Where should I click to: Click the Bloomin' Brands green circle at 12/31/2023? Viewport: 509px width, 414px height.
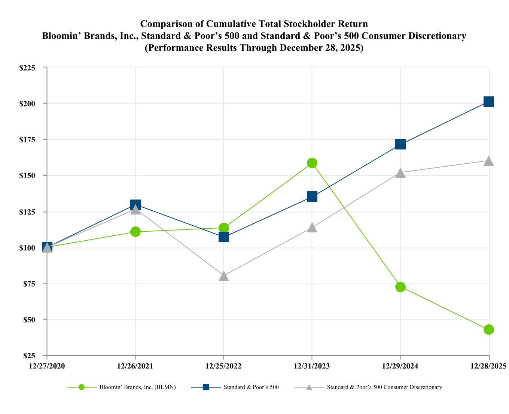pyautogui.click(x=312, y=163)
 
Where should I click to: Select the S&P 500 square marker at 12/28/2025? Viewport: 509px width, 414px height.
pyautogui.click(x=489, y=102)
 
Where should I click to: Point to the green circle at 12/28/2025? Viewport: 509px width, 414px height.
pyautogui.click(x=489, y=330)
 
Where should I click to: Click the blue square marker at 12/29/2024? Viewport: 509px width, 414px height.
pyautogui.click(x=400, y=144)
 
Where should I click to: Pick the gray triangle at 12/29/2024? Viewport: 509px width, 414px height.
pyautogui.click(x=400, y=173)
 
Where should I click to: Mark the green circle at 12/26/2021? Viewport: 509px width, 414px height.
pyautogui.click(x=135, y=232)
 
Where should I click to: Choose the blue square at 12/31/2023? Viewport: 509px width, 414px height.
pyautogui.click(x=312, y=197)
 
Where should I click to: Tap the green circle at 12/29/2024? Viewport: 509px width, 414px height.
pyautogui.click(x=400, y=287)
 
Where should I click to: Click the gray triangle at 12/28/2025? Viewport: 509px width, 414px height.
pyautogui.click(x=489, y=161)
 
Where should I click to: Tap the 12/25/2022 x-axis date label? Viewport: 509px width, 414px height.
pyautogui.click(x=223, y=366)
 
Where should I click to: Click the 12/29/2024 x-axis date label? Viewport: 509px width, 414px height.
pyautogui.click(x=400, y=366)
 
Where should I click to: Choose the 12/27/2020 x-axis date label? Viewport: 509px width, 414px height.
pyautogui.click(x=47, y=366)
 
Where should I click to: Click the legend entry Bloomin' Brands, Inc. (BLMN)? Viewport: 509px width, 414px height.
pyautogui.click(x=137, y=387)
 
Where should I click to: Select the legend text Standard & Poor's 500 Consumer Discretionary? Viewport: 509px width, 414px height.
pyautogui.click(x=384, y=387)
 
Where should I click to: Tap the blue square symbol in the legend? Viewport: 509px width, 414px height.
pyautogui.click(x=206, y=387)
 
